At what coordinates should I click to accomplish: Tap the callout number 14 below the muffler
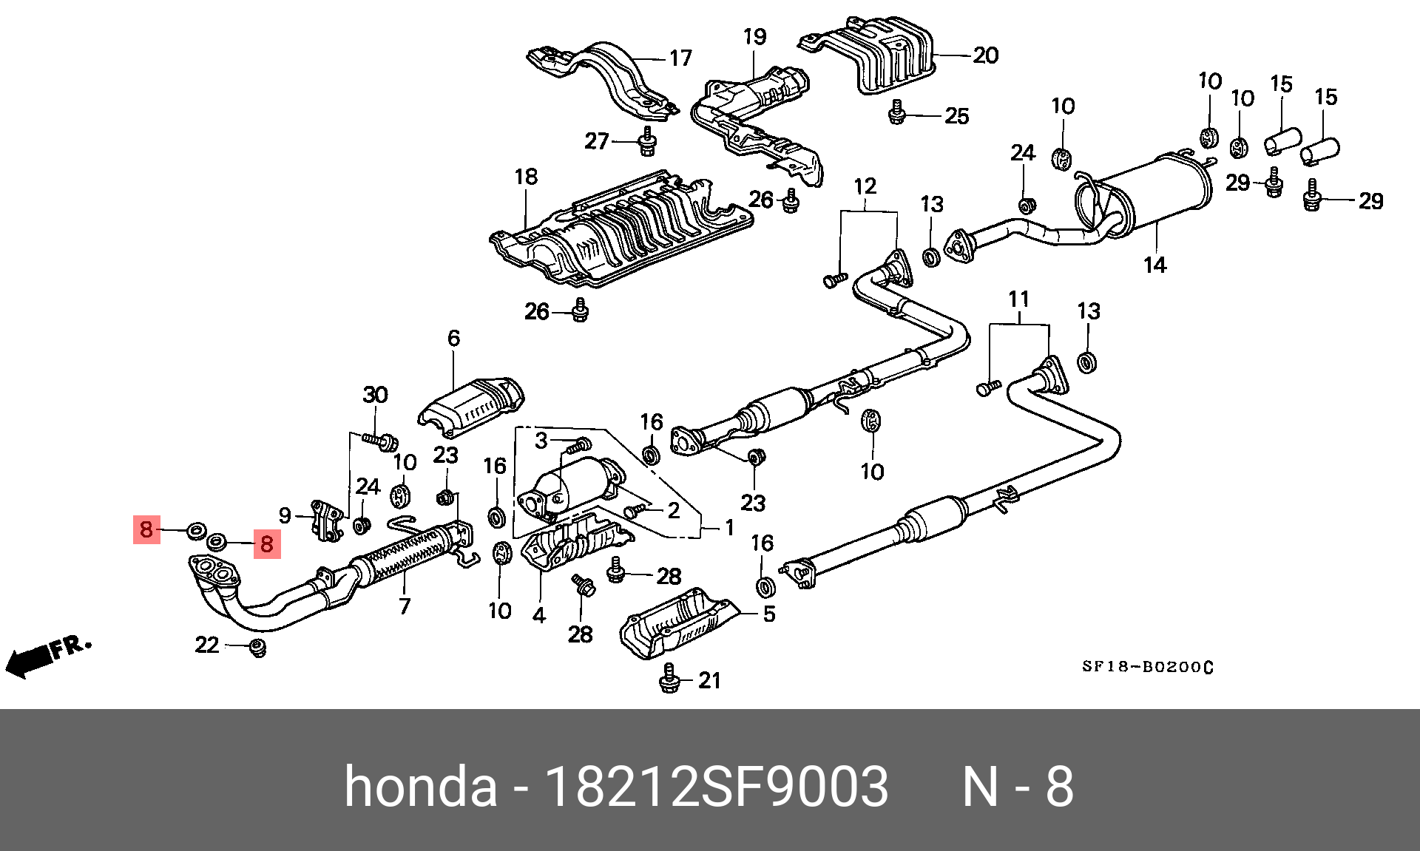[1154, 265]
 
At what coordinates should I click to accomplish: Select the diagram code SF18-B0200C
[1147, 667]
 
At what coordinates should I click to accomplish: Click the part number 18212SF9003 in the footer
[715, 787]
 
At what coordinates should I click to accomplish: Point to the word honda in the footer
[420, 787]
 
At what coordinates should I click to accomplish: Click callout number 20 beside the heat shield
[985, 55]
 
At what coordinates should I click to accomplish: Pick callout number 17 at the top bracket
[680, 58]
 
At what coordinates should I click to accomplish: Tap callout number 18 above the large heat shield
[526, 177]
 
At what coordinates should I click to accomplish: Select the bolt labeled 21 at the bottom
[669, 678]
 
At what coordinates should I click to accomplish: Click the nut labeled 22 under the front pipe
[257, 648]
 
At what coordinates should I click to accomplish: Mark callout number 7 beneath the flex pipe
[405, 606]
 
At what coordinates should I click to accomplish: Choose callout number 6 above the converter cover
[453, 339]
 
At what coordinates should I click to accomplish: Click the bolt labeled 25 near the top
[897, 113]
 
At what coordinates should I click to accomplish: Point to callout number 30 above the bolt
[375, 395]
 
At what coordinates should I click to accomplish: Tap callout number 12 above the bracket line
[865, 186]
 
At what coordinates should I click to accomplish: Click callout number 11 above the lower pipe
[1018, 299]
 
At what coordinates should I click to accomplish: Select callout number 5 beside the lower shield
[769, 614]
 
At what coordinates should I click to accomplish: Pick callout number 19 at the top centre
[754, 37]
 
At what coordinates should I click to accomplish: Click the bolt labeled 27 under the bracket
[647, 142]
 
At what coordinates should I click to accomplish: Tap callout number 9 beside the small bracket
[285, 515]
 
